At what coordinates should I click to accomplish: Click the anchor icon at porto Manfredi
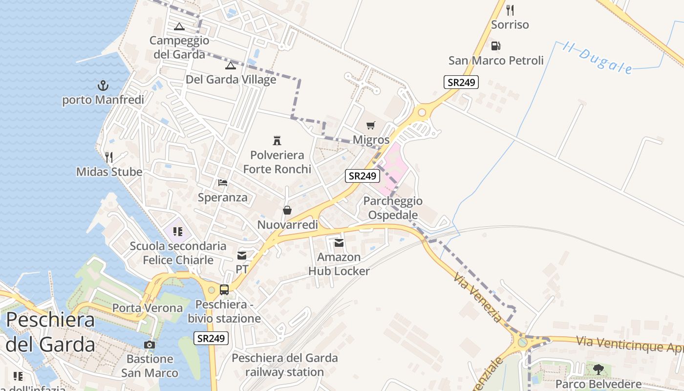click(x=103, y=86)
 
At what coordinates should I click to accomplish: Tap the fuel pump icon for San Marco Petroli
click(x=495, y=46)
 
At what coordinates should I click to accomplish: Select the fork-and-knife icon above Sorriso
click(x=510, y=10)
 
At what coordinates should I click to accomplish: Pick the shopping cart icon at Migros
click(x=371, y=126)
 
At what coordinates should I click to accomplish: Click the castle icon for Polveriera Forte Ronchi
click(x=277, y=141)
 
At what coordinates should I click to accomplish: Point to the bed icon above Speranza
click(x=223, y=183)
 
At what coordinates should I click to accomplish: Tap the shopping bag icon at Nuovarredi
click(x=287, y=211)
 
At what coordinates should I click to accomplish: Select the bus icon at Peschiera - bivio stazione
click(x=224, y=290)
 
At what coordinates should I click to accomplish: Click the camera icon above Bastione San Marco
click(x=150, y=345)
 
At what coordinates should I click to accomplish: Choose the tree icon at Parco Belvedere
click(x=598, y=369)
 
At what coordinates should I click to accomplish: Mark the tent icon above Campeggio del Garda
click(x=179, y=26)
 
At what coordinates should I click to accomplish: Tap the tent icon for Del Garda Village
click(x=231, y=65)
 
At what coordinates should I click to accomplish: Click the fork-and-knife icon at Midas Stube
click(x=109, y=157)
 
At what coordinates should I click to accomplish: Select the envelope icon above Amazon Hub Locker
click(x=339, y=243)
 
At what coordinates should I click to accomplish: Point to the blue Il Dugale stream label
click(x=597, y=58)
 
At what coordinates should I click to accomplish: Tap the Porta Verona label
click(x=148, y=308)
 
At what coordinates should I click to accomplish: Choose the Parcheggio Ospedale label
click(x=393, y=208)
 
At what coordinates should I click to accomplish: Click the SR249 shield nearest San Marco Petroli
click(x=461, y=82)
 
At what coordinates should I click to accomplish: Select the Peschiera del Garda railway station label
click(x=284, y=365)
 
